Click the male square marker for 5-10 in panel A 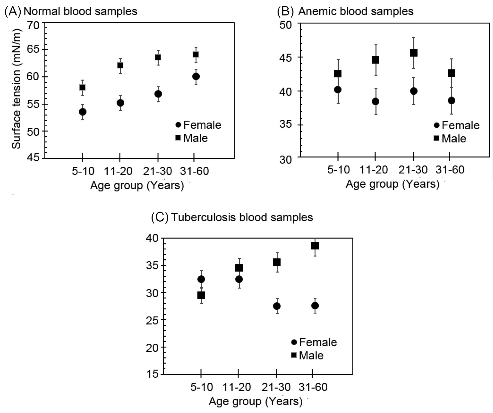(x=82, y=87)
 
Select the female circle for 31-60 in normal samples (x=196, y=76)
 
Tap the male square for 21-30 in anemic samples (x=413, y=53)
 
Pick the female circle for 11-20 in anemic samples (x=375, y=101)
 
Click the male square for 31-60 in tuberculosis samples (x=315, y=246)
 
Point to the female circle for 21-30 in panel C (x=277, y=306)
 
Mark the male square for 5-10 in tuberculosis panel (x=201, y=295)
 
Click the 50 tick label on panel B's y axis (x=286, y=25)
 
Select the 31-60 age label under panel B (x=450, y=170)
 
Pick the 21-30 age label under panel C (x=276, y=387)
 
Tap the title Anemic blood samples (x=356, y=11)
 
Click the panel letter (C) (x=160, y=217)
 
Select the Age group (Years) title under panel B (x=392, y=184)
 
